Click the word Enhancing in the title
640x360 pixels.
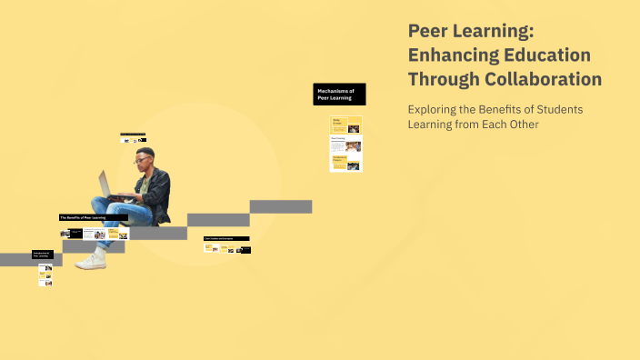click(x=452, y=55)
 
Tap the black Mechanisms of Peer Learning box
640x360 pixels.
click(x=339, y=95)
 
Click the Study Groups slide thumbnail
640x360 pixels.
click(x=346, y=125)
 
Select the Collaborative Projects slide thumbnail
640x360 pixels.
click(x=346, y=163)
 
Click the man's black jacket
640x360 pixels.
click(x=159, y=187)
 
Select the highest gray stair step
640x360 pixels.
click(x=281, y=206)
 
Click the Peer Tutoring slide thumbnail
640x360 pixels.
click(x=346, y=144)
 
